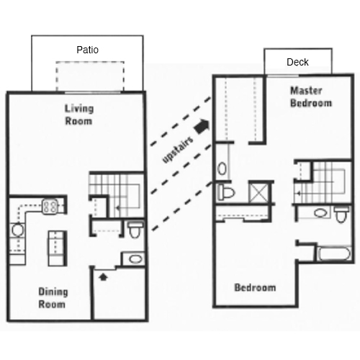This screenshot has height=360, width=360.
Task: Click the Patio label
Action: (x=87, y=50)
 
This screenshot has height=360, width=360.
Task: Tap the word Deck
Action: (x=297, y=63)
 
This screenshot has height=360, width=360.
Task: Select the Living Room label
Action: (x=78, y=115)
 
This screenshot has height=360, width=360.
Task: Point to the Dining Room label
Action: (x=52, y=298)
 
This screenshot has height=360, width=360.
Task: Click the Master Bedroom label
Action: (x=311, y=97)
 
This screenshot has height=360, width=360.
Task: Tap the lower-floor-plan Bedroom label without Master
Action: (x=255, y=288)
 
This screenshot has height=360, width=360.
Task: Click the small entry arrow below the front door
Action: (x=104, y=274)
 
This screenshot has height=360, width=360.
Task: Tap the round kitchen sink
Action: (x=17, y=230)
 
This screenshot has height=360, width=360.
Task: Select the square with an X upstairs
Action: (x=258, y=193)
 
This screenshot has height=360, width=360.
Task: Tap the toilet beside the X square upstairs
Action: (x=226, y=193)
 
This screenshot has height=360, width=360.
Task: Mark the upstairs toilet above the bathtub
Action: (x=340, y=214)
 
